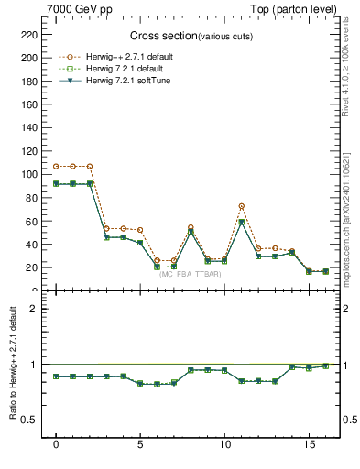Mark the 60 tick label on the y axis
pos(30,222)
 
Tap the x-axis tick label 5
pos(140,445)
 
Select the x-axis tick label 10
pos(224,445)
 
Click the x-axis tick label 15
pos(309,445)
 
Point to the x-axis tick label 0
pos(56,445)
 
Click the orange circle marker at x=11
pos(241,206)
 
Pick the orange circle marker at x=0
pos(56,167)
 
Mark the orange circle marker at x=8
pos(191,227)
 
